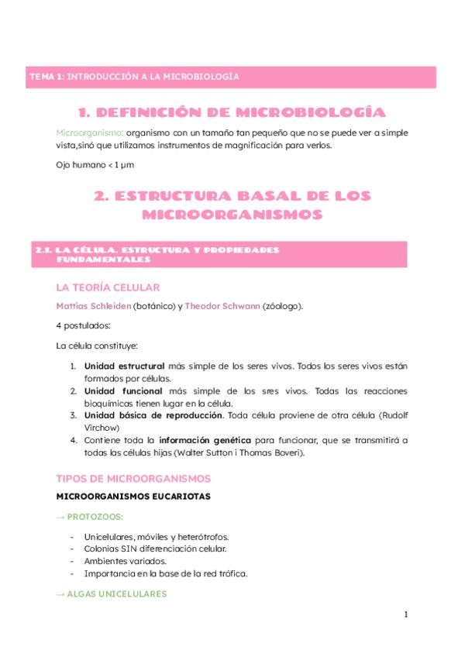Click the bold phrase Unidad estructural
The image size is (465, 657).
point(124,366)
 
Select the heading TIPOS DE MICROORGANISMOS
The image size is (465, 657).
point(133,479)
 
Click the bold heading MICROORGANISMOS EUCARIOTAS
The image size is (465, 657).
point(134,496)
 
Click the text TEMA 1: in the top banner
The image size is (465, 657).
point(46,77)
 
